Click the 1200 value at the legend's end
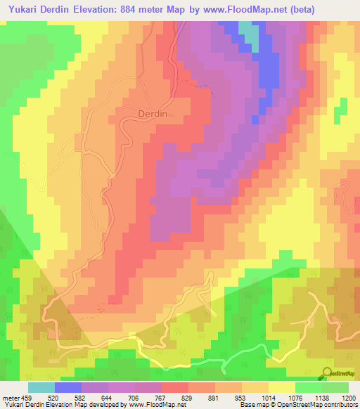tap(347, 398)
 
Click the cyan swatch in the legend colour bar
tap(41, 387)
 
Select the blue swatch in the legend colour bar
tap(68, 387)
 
